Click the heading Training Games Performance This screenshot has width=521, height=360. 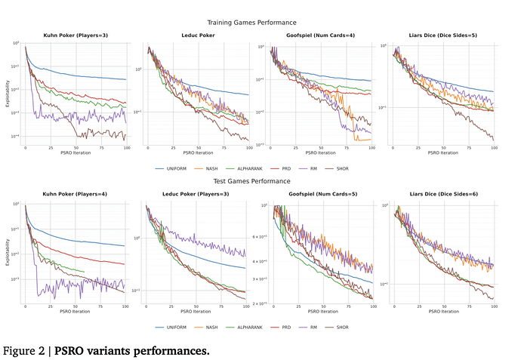pos(263,23)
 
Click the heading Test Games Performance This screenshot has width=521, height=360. pos(263,182)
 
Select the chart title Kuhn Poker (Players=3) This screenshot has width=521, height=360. pos(76,35)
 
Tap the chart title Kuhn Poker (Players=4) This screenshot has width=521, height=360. pos(76,195)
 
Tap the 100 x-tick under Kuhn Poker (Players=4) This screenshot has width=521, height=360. pos(125,305)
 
